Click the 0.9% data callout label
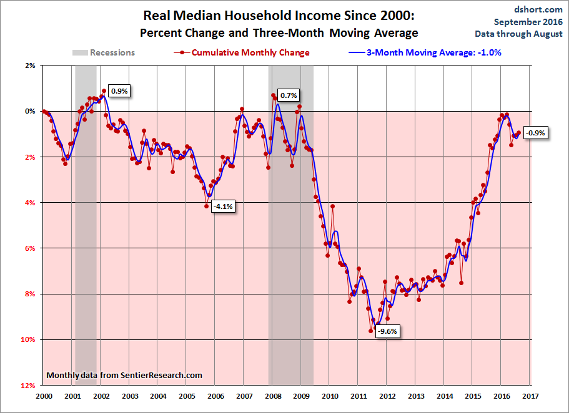point(119,91)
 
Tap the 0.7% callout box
point(289,95)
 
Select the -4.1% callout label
point(223,206)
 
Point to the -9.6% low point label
point(387,331)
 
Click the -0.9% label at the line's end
point(535,133)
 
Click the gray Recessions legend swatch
point(80,52)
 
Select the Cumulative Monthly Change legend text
point(250,52)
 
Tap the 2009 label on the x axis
point(301,396)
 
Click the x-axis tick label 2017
point(530,396)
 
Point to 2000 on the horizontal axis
point(44,396)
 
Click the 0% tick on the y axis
point(30,111)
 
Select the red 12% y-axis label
point(28,386)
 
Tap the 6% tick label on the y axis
point(30,248)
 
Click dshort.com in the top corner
point(538,9)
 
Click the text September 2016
point(528,22)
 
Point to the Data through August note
point(518,34)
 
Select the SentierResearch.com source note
point(124,376)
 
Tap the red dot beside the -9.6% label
point(370,331)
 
